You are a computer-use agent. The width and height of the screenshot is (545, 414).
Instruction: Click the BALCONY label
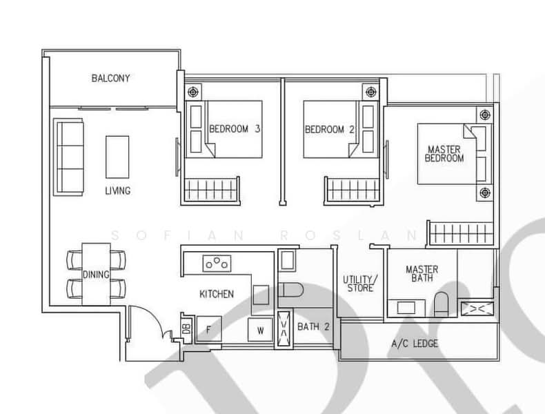(110, 78)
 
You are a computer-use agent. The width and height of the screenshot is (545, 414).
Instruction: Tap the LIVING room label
(118, 190)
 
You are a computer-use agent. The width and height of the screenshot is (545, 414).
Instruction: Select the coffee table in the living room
(117, 157)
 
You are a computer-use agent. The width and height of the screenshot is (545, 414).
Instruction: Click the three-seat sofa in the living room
(68, 157)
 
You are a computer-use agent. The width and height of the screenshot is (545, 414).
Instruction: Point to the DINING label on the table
(96, 275)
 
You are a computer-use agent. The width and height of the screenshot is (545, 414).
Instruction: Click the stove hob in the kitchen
(217, 263)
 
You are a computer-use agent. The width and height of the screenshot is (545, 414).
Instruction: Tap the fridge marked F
(208, 329)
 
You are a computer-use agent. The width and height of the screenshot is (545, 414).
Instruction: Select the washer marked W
(260, 330)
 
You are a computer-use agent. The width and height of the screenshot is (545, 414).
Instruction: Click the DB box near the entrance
(187, 328)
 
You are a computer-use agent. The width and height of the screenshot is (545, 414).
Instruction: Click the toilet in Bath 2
(290, 290)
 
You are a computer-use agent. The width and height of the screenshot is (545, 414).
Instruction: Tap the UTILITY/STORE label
(360, 284)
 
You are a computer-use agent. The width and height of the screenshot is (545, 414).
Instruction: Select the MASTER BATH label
(422, 273)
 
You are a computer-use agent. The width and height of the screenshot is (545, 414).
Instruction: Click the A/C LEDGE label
(415, 344)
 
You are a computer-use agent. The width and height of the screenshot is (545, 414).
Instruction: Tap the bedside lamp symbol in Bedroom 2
(371, 92)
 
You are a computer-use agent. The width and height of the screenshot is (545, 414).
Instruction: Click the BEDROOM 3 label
(235, 129)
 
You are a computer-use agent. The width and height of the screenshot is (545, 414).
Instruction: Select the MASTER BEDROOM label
(444, 154)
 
